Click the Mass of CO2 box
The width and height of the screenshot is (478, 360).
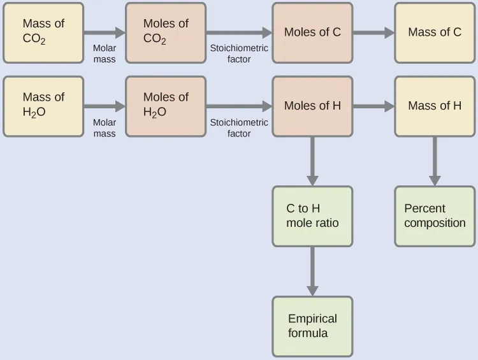[x=43, y=32]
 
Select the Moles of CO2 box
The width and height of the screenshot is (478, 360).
[x=166, y=32]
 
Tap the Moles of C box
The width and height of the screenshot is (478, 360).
[x=312, y=32]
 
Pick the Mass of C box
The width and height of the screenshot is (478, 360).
[x=435, y=32]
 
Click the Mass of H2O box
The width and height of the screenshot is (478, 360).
[x=43, y=106]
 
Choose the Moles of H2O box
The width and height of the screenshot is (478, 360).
[x=166, y=106]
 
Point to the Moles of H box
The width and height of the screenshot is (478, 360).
[x=312, y=106]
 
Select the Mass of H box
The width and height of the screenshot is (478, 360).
[x=435, y=106]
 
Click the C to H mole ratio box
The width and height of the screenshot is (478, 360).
[x=312, y=216]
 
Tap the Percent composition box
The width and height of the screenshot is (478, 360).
[x=435, y=216]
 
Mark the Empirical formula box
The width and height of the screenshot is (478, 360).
[x=312, y=326]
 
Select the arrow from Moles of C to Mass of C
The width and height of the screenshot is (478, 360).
[x=373, y=32]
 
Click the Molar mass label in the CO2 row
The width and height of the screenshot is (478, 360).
[x=105, y=54]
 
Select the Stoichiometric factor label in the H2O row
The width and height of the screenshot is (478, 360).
[x=239, y=128]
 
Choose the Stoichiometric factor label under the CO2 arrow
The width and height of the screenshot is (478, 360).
[x=239, y=54]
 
